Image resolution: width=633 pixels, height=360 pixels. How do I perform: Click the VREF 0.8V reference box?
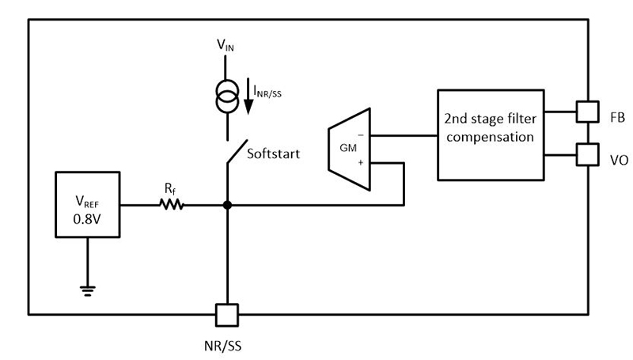click(86, 205)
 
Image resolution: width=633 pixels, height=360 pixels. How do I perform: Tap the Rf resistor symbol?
click(172, 205)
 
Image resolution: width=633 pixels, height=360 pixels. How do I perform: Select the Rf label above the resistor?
click(171, 188)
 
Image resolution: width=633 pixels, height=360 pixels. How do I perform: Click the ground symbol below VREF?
click(86, 290)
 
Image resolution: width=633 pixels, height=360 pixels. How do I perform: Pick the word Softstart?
click(274, 153)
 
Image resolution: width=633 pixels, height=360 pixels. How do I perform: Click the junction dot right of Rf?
click(227, 205)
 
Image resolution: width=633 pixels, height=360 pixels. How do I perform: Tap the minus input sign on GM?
click(361, 135)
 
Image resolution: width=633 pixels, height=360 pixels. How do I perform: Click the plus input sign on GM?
click(361, 162)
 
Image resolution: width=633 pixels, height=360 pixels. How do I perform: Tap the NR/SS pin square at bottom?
click(227, 315)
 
